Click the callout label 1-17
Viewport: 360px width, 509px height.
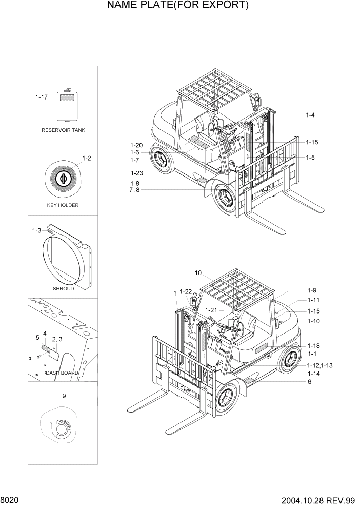42,96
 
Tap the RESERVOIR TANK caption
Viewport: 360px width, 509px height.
63,130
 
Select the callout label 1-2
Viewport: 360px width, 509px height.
87,158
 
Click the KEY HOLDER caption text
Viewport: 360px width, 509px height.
63,205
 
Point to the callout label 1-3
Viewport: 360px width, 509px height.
36,231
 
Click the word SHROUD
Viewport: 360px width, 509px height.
63,289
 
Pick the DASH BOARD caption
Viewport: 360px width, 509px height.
62,373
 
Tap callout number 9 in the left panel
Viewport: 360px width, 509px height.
64,396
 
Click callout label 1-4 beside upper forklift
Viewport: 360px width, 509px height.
310,115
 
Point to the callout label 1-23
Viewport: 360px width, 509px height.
136,173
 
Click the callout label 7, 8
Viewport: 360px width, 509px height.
134,190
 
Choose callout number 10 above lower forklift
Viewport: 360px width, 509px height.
198,272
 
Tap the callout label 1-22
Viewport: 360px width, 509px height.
186,291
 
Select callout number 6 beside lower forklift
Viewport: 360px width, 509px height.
309,382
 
